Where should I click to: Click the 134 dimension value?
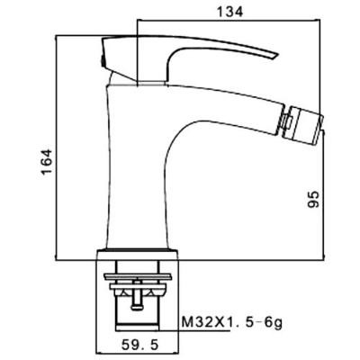(229, 12)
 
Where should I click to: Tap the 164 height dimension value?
(47, 161)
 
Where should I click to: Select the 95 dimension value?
(313, 199)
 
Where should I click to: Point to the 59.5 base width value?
(139, 346)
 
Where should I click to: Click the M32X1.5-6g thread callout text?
(232, 323)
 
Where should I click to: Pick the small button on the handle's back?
(103, 61)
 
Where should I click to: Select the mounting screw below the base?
(137, 294)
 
